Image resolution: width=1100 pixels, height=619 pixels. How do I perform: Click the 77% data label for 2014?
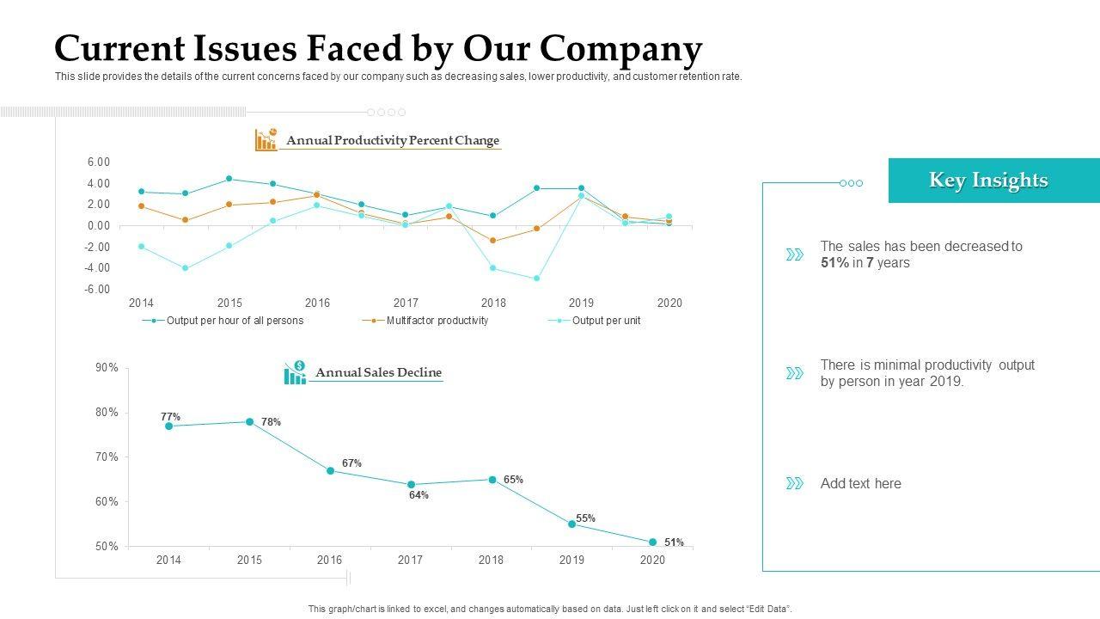pos(170,417)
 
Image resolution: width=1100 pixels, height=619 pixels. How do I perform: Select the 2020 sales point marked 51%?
pos(653,542)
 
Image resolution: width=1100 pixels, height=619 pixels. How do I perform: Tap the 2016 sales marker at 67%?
pos(330,471)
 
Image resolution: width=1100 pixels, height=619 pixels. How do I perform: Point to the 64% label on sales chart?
pos(419,495)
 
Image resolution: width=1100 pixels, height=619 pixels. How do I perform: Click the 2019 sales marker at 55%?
pos(572,524)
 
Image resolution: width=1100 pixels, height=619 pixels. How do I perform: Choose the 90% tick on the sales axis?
pos(107,368)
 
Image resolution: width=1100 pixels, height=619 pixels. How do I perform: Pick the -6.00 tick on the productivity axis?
pos(97,290)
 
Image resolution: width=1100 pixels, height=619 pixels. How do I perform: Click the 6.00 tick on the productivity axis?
pos(99,162)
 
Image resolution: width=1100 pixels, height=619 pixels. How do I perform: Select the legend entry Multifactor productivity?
pos(437,321)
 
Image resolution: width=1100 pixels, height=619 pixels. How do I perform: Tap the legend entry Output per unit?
pos(606,321)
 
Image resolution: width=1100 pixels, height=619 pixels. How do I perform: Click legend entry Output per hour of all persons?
pos(235,321)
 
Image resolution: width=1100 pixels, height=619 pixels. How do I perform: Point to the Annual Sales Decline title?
pos(378,373)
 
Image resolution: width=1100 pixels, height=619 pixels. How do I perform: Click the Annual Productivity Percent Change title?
pos(392,141)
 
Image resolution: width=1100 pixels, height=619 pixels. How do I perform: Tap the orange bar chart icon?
pos(266,139)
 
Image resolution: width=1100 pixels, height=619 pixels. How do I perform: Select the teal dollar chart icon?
pos(295,373)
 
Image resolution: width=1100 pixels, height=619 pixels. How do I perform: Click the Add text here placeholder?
pos(860,484)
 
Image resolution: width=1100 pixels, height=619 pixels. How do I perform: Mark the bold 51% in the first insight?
pos(834,263)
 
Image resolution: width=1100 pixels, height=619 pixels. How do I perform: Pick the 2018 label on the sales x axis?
pos(491,561)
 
